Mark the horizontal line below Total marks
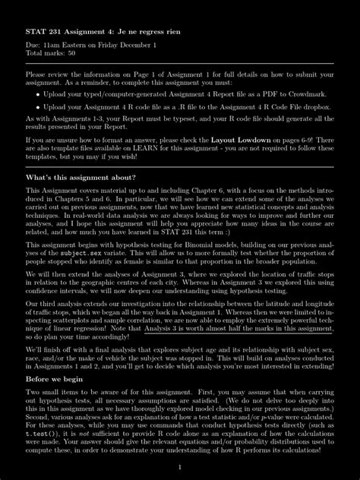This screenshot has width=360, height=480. (x=180, y=65)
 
